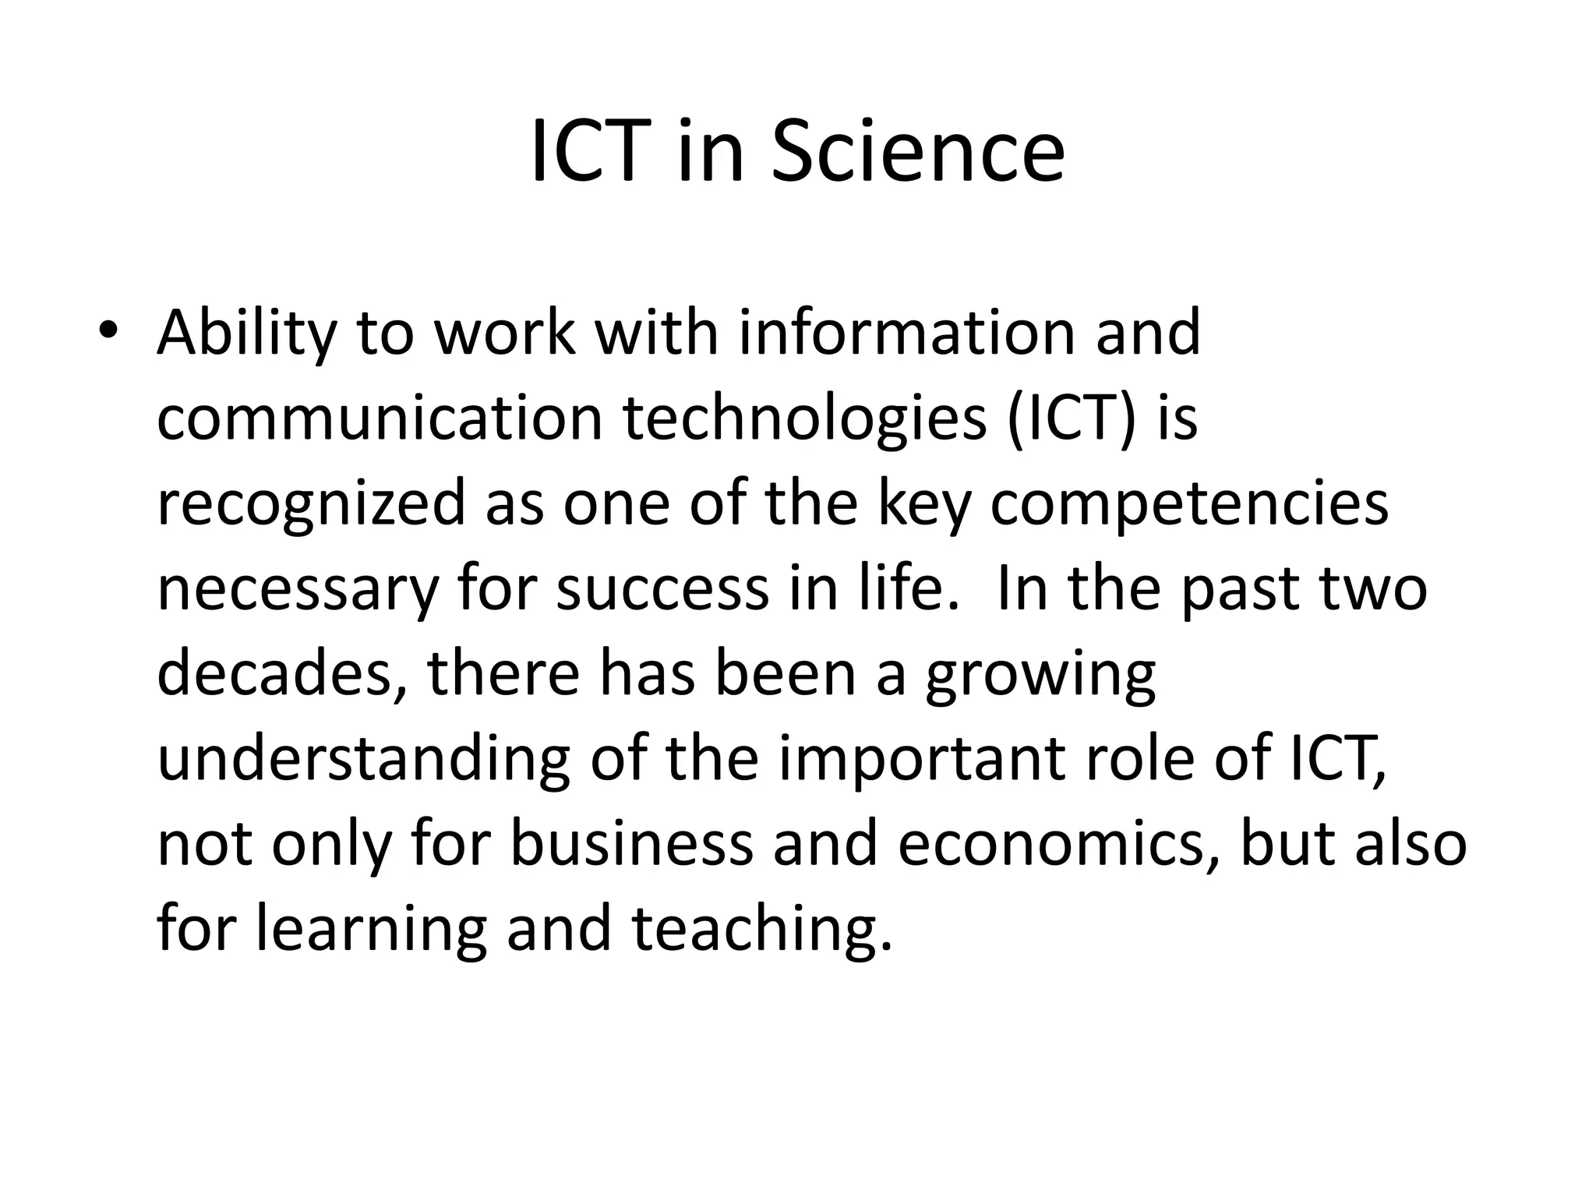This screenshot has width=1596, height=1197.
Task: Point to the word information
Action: pos(904,332)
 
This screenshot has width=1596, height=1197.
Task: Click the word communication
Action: pos(380,418)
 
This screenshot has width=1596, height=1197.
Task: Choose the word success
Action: pos(662,590)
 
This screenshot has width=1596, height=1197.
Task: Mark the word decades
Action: pos(281,675)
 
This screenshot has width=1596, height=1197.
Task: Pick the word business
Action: pos(631,845)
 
